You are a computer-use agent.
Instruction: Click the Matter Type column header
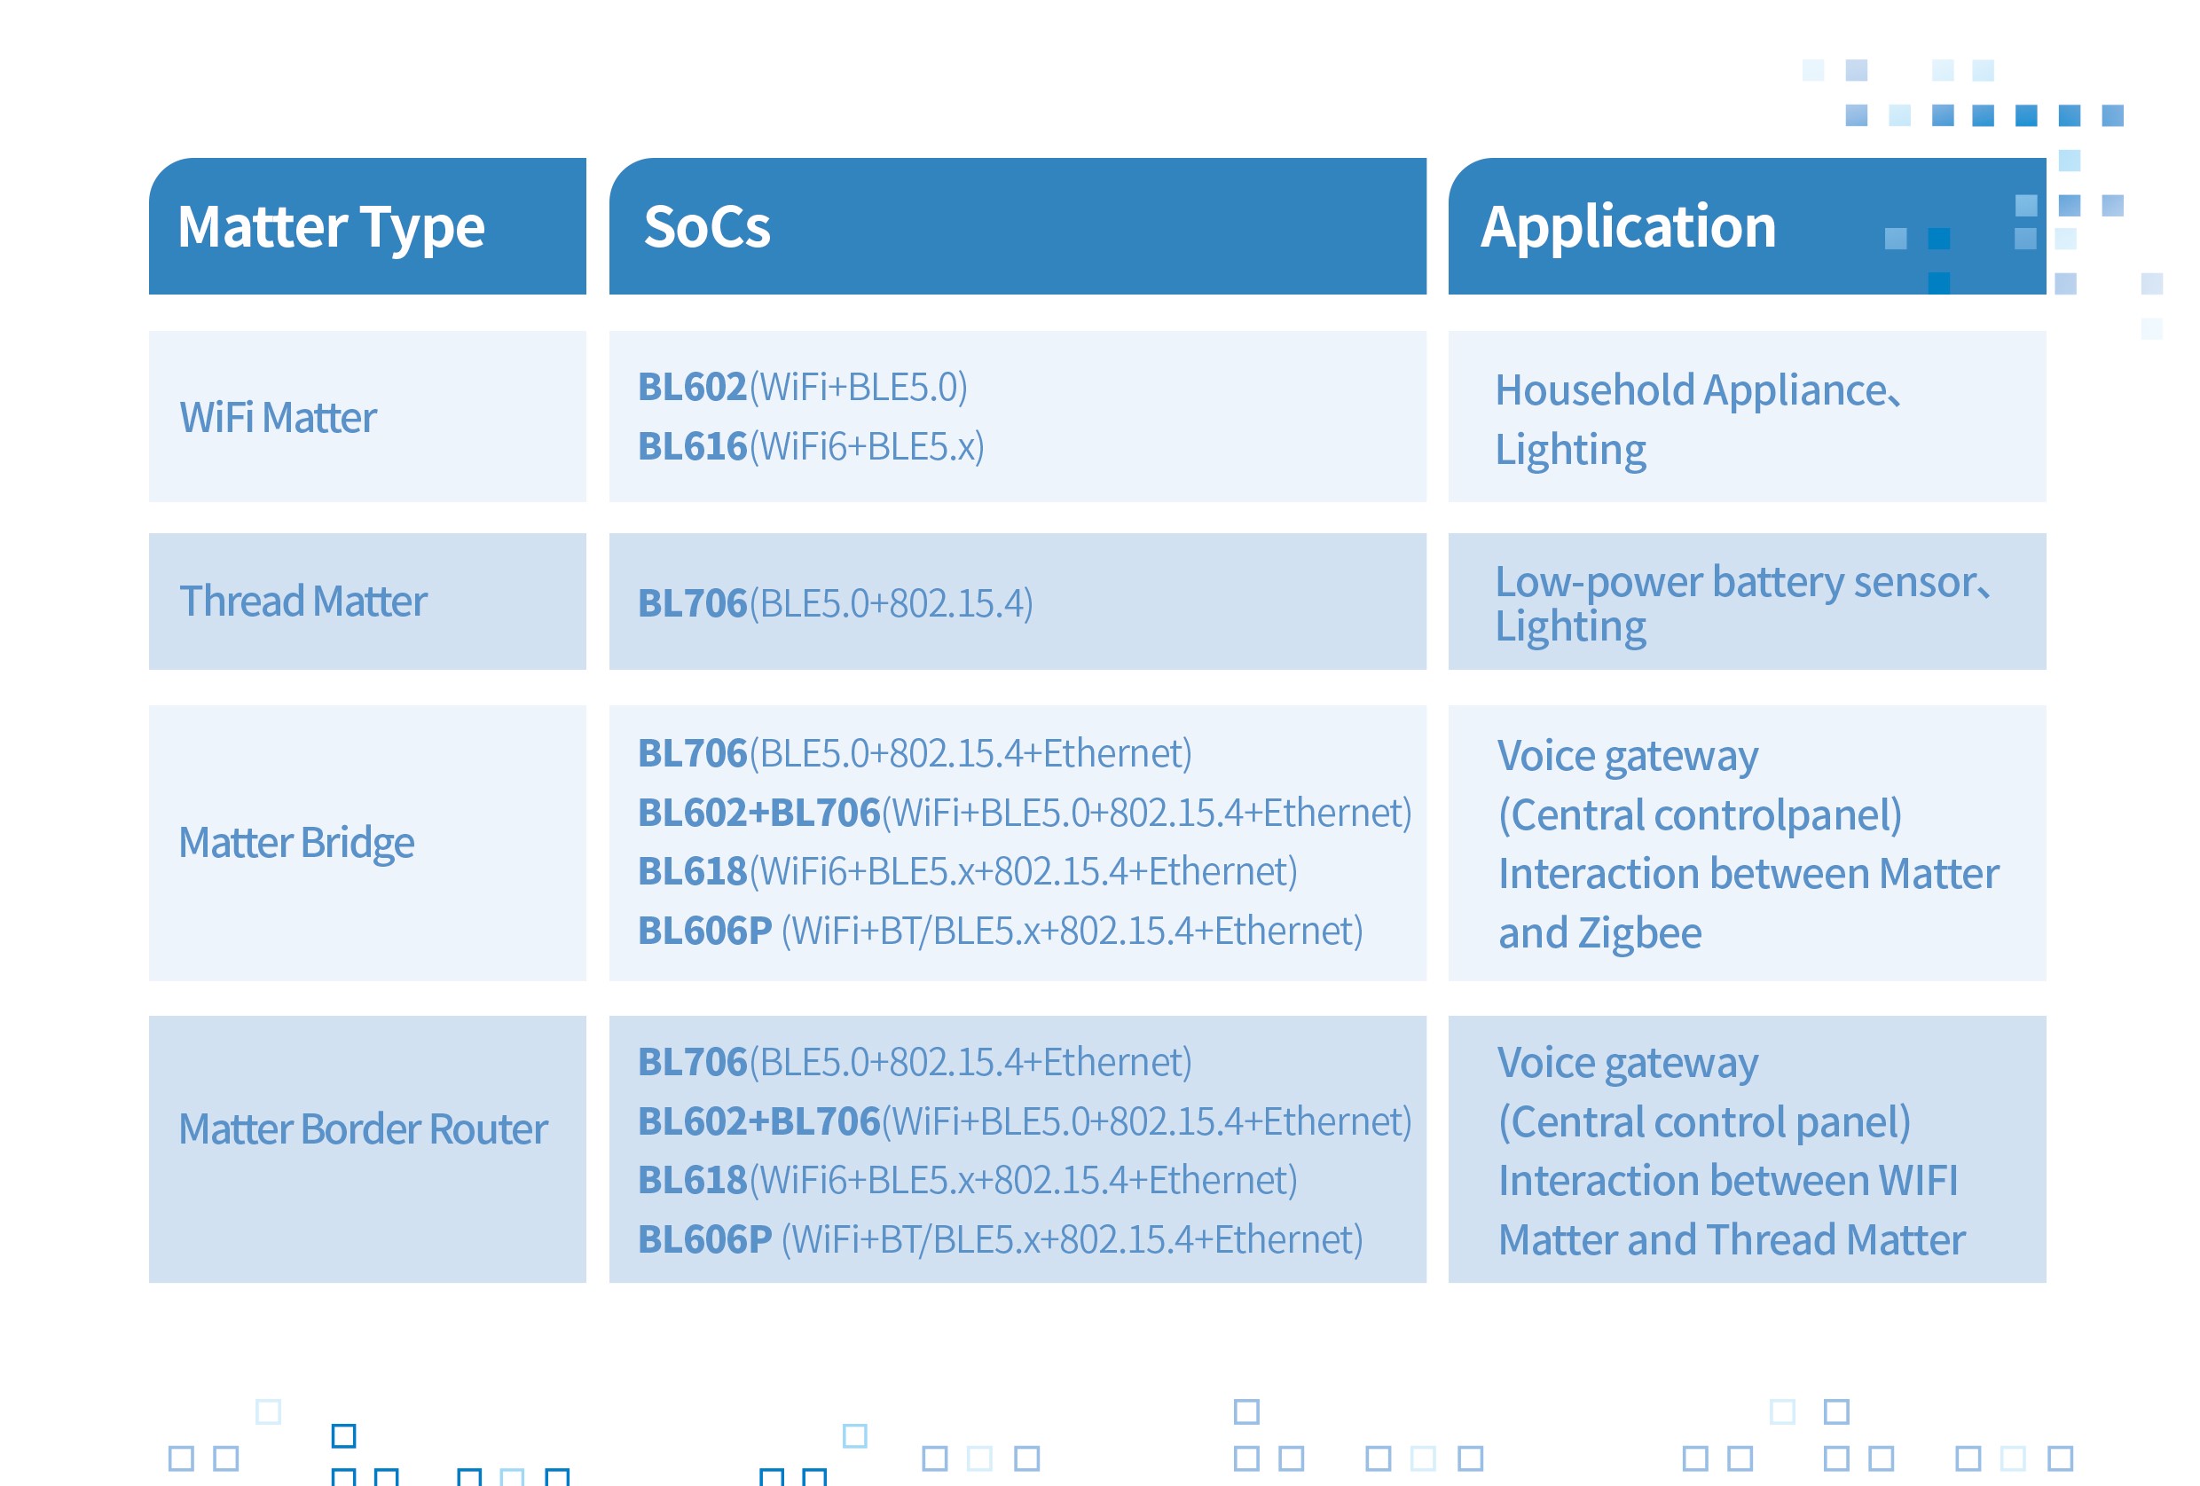330,228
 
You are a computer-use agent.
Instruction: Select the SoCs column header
707,227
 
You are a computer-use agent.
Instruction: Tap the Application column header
1628,228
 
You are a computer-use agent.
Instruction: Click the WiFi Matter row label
279,417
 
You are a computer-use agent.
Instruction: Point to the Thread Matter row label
302,601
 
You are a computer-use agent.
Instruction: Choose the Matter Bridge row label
296,844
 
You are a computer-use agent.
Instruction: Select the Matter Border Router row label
364,1129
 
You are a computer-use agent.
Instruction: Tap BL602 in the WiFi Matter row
692,387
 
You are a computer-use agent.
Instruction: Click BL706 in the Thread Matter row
692,604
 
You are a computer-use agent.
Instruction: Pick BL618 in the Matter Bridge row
692,872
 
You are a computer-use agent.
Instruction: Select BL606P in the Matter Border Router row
705,1240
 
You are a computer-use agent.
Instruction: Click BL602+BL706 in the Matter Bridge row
759,813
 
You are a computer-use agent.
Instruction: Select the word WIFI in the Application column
1918,1181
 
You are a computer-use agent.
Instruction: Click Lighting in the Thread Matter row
1570,627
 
